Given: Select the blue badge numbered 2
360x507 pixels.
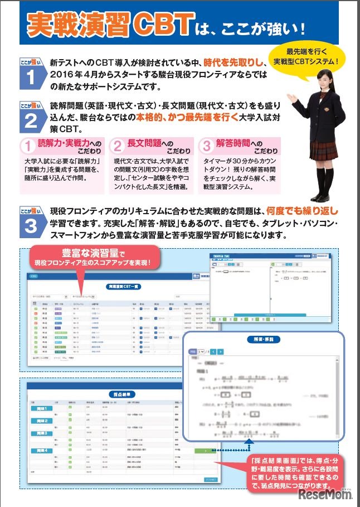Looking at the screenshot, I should [30, 116].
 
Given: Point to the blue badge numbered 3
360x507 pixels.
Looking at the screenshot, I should [30, 221].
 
